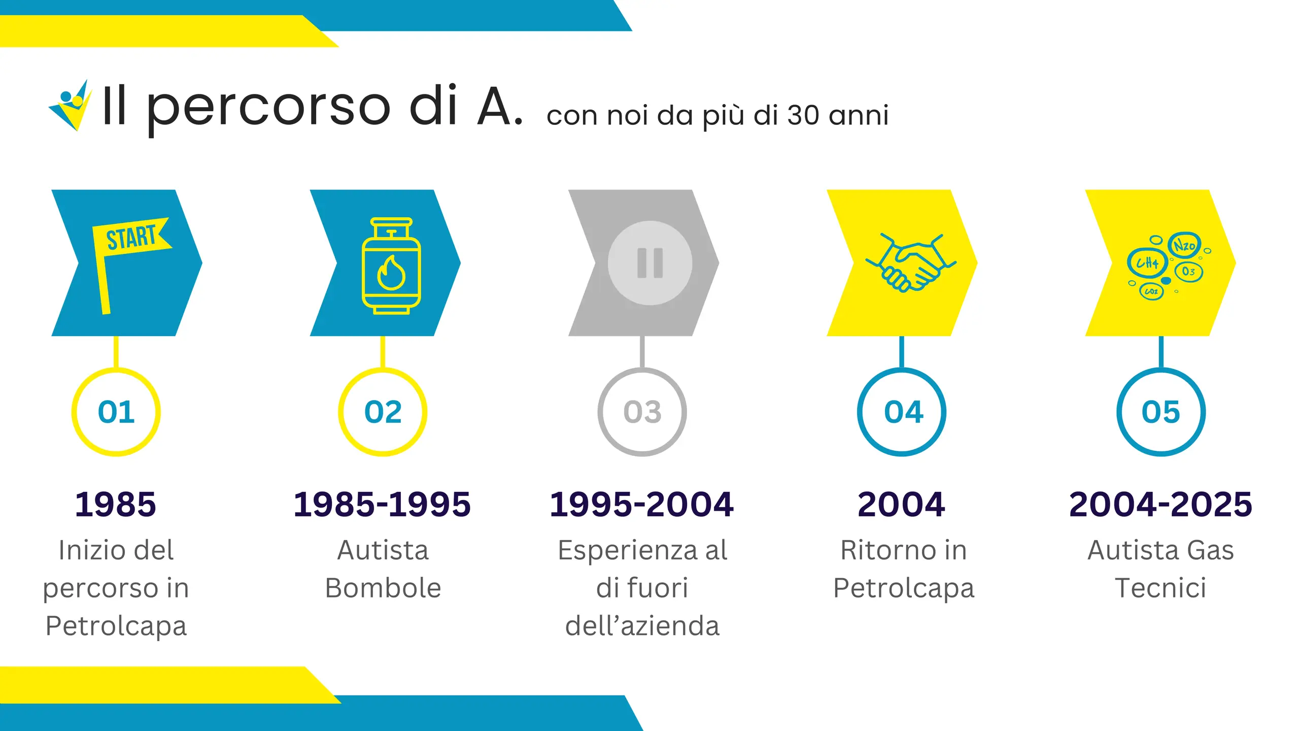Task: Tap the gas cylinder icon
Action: tap(391, 265)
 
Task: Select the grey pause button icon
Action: tap(650, 263)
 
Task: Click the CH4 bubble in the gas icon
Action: tap(1147, 263)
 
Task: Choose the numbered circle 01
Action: tap(116, 412)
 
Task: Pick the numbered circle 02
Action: tap(383, 412)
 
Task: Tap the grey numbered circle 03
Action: tap(642, 412)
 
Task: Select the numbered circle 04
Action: tap(902, 412)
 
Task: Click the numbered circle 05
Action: tap(1161, 412)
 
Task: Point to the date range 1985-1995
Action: tap(383, 505)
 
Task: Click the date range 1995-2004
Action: tap(642, 505)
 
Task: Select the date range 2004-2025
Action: tap(1161, 505)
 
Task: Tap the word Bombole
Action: tap(383, 588)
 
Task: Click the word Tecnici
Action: tap(1161, 588)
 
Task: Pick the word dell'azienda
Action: tap(642, 625)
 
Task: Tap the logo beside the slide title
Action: tap(71, 106)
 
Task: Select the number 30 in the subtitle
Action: tap(803, 115)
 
